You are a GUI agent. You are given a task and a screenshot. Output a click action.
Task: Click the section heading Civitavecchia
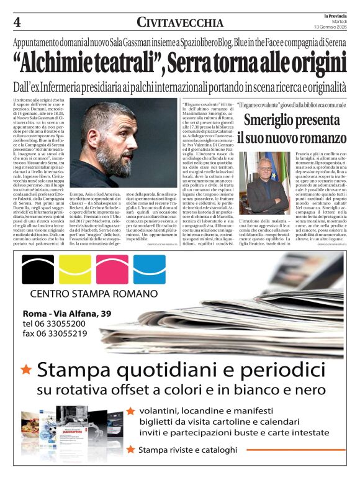[x=180, y=23]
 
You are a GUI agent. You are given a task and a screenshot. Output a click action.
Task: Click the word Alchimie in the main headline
[x=65, y=64]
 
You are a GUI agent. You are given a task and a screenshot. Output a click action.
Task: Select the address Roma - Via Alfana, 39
[x=66, y=313]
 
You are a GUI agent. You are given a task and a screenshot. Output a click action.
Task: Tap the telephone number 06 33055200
[x=55, y=323]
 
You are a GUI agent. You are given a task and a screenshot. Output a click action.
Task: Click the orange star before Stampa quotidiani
[x=27, y=369]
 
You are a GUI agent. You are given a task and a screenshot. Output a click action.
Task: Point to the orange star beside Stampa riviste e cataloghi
[x=130, y=449]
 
